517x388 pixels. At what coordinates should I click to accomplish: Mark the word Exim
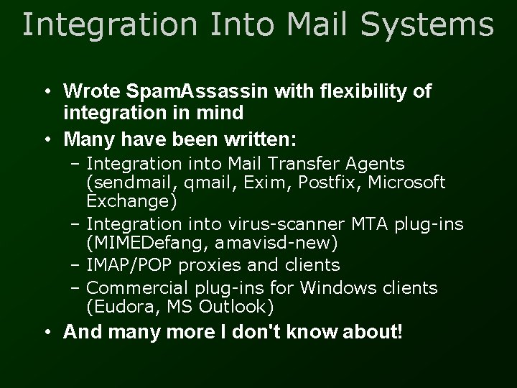pos(244,183)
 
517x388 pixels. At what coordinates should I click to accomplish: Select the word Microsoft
pos(406,183)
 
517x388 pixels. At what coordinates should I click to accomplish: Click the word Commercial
pos(138,288)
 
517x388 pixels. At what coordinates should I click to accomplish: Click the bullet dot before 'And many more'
pos(46,333)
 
